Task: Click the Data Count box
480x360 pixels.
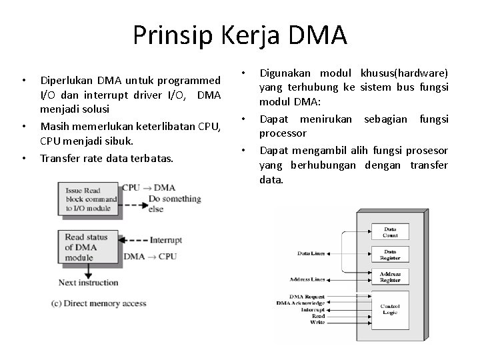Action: pyautogui.click(x=390, y=232)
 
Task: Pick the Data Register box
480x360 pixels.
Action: pyautogui.click(x=390, y=254)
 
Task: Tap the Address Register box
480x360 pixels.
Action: pyautogui.click(x=390, y=276)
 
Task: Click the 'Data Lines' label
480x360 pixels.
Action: pyautogui.click(x=311, y=254)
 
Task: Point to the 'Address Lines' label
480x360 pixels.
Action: pyautogui.click(x=307, y=279)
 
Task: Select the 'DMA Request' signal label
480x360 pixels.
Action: pyautogui.click(x=307, y=296)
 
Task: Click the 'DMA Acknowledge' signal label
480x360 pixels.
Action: pyautogui.click(x=301, y=303)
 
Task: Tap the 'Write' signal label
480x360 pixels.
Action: pyautogui.click(x=317, y=323)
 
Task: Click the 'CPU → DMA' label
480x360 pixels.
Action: pyautogui.click(x=149, y=187)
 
